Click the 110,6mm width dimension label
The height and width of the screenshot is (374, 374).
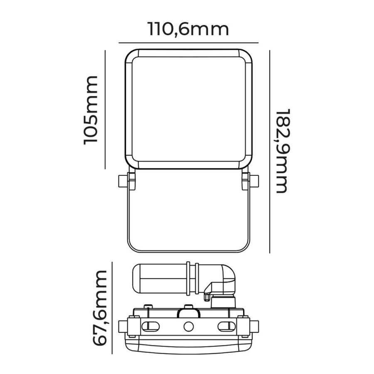tap(188, 30)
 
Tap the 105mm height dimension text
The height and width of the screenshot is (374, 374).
tap(91, 110)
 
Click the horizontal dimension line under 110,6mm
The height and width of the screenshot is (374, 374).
tap(188, 42)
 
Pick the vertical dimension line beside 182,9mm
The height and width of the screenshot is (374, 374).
tap(270, 152)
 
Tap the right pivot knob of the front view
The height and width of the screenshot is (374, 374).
tap(254, 181)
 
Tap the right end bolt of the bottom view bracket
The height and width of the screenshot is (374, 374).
tap(253, 325)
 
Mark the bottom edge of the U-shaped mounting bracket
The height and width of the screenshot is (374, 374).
tap(188, 251)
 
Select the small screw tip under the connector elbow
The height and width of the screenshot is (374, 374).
tap(206, 297)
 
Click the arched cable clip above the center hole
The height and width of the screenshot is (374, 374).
tap(188, 312)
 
